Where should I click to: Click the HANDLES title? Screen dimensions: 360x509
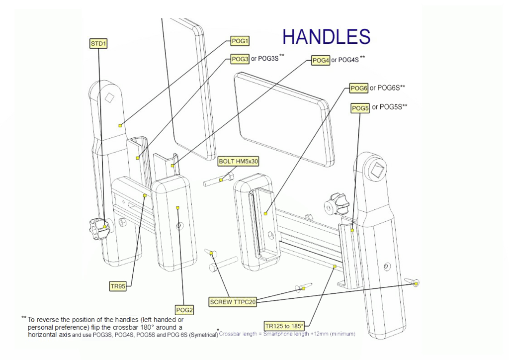(x=326, y=37)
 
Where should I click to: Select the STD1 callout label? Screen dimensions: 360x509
(x=98, y=44)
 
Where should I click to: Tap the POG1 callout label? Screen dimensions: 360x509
(x=240, y=41)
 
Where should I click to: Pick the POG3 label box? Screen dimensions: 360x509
(x=240, y=59)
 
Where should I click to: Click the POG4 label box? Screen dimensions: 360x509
(x=321, y=60)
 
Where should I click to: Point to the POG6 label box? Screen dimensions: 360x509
(x=359, y=89)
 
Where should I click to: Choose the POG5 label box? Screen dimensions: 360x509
(x=360, y=108)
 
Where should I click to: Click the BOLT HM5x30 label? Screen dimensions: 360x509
(x=239, y=161)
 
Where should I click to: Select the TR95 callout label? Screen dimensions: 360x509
(x=118, y=286)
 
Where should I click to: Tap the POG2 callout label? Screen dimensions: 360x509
(x=184, y=310)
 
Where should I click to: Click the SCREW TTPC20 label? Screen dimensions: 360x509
(x=233, y=302)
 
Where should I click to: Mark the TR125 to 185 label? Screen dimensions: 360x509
(x=284, y=326)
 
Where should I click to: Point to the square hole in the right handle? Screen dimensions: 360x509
(x=380, y=167)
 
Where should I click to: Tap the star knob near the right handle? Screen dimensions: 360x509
(x=334, y=204)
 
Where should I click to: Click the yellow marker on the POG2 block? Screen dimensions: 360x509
(x=178, y=208)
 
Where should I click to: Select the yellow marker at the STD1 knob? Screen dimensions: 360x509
(x=105, y=227)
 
